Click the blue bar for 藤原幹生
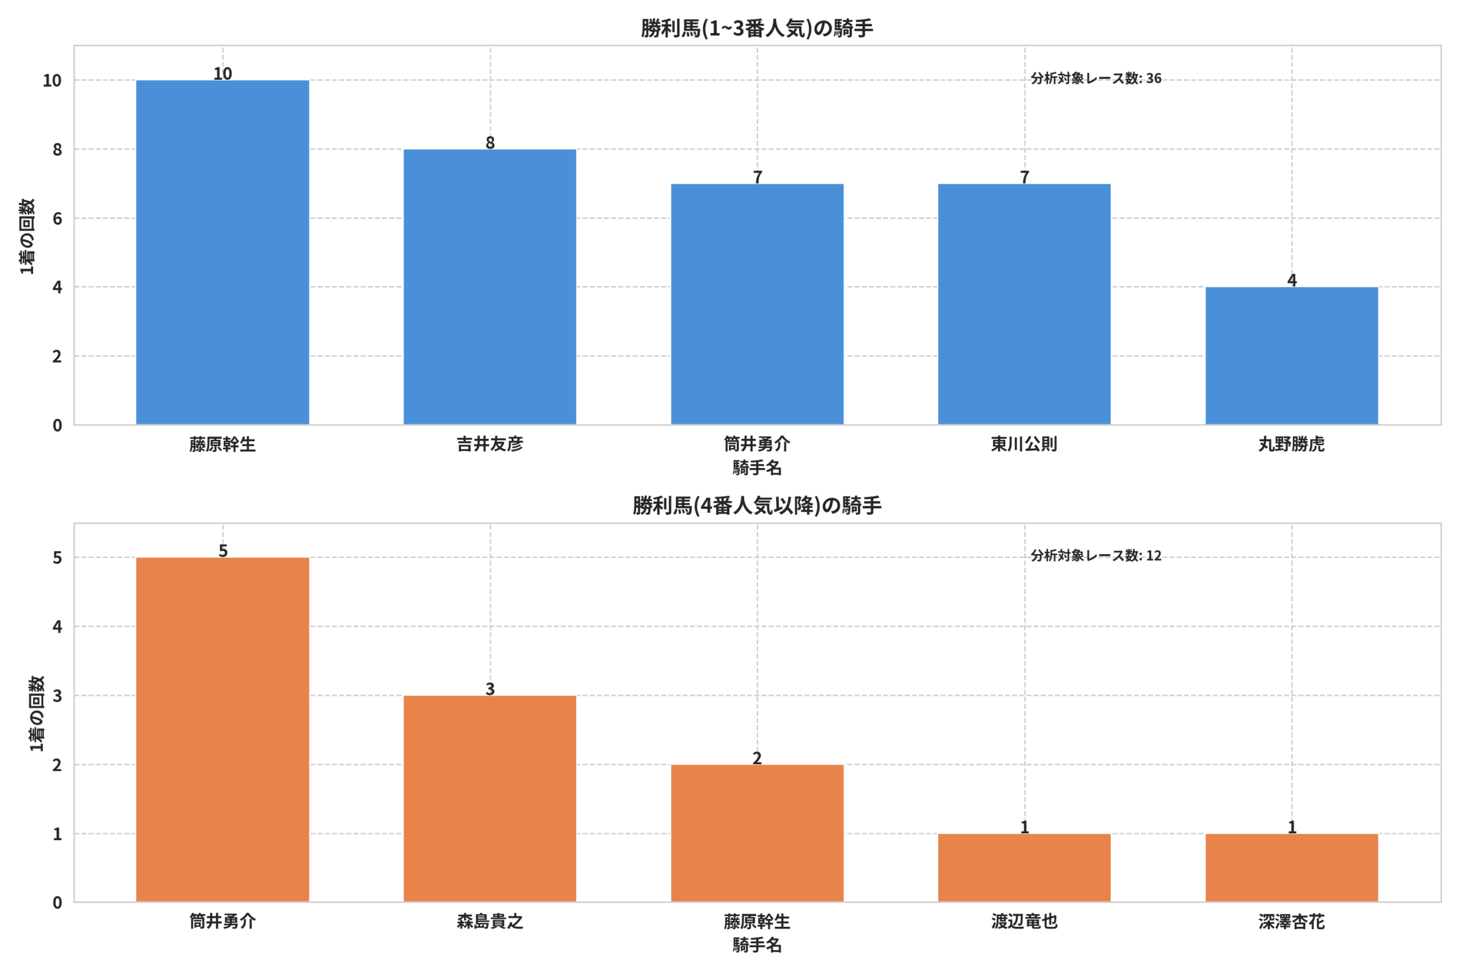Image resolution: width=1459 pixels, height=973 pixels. [223, 253]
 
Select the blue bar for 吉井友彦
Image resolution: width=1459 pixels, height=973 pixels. [490, 287]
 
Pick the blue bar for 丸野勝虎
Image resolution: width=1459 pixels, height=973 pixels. [1291, 356]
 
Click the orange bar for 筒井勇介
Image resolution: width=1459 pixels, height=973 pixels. [223, 730]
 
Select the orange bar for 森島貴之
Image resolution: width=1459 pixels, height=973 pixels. [490, 799]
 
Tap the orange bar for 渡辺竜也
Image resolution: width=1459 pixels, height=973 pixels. [1024, 868]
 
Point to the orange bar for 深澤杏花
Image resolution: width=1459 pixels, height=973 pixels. [1291, 868]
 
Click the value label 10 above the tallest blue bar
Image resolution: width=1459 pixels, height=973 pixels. [223, 73]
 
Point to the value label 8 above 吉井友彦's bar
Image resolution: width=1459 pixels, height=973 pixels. [490, 143]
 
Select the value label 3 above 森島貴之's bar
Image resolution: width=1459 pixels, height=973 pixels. [490, 689]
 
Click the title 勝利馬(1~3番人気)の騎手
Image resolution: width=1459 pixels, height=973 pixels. [757, 29]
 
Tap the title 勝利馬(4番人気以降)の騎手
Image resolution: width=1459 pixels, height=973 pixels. [757, 506]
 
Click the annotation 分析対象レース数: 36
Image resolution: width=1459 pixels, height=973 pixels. [1096, 78]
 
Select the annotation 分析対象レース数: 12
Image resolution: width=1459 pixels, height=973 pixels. [1096, 555]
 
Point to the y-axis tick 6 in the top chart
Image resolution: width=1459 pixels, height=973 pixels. [57, 218]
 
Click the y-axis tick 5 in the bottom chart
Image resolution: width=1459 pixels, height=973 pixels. [57, 558]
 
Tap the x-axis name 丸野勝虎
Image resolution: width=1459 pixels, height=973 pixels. [1291, 444]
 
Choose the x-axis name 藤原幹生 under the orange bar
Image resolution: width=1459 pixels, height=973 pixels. [757, 922]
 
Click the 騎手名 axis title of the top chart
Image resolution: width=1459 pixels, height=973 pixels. [757, 467]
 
